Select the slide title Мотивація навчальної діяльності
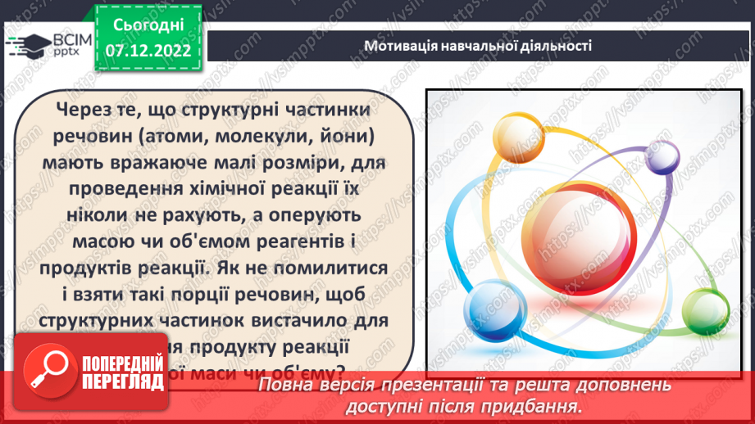tap(478, 46)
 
